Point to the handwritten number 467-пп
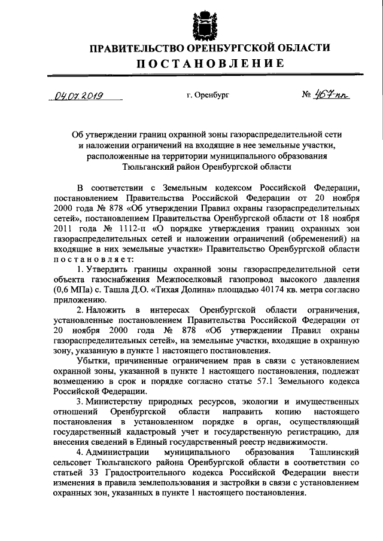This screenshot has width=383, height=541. [327, 94]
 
